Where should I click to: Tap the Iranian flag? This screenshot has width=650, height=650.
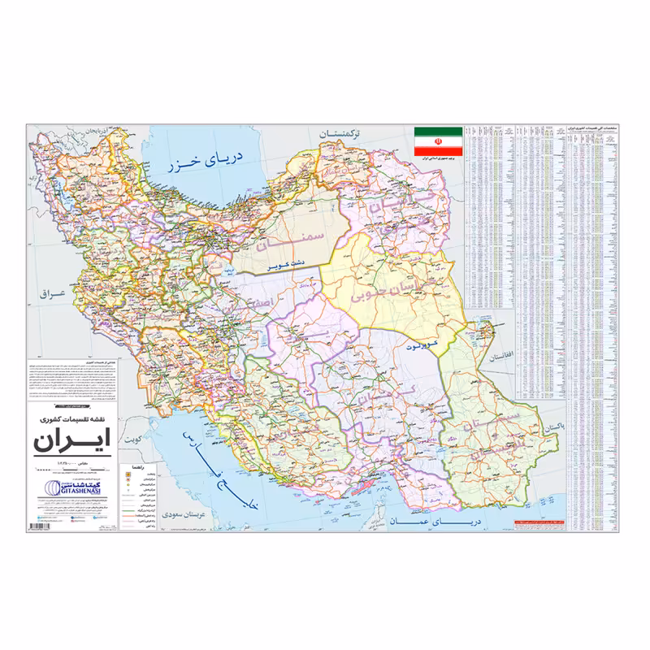(437, 141)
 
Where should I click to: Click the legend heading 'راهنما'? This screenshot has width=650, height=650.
(134, 469)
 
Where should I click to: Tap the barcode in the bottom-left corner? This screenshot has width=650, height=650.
(39, 527)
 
